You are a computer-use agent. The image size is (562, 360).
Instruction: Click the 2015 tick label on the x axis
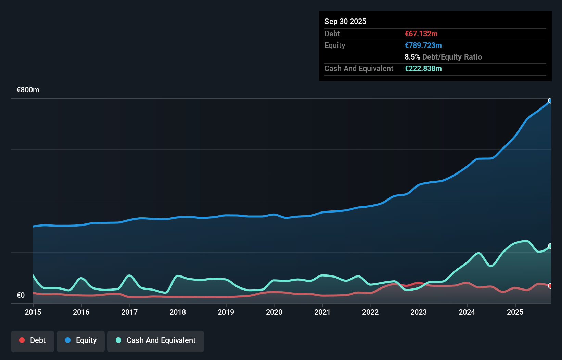[x=33, y=312]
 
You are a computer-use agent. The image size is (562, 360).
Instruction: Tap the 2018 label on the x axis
[x=178, y=312]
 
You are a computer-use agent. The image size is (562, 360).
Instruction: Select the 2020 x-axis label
[x=274, y=312]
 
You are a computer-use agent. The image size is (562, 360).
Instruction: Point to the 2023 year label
[x=419, y=312]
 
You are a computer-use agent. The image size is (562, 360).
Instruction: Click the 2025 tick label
[x=515, y=312]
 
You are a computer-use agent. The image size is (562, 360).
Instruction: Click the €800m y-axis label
[x=28, y=90]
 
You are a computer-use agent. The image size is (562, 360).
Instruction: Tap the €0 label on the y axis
[x=21, y=295]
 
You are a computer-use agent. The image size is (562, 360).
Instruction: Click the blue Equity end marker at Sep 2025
[x=550, y=101]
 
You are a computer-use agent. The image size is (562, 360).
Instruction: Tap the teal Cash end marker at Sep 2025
[x=550, y=246]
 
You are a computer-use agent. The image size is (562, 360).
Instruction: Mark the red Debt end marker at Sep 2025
[x=550, y=286]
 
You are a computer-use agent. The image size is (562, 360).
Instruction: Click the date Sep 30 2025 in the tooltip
[x=345, y=21]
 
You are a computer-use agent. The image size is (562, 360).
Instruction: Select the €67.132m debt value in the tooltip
[x=421, y=34]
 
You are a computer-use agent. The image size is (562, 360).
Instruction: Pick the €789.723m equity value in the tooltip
[x=423, y=45]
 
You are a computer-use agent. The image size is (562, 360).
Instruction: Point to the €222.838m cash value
[x=423, y=68]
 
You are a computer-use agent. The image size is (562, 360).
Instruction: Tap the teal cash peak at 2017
[x=129, y=275]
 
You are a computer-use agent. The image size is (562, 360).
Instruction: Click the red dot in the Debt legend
[x=22, y=340]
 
